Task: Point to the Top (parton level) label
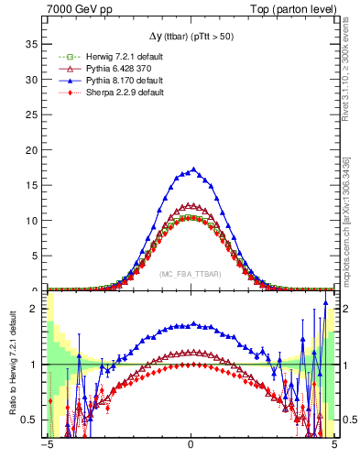pos(297,8)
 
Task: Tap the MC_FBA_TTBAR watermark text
pos(190,274)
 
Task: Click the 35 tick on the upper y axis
pos(35,43)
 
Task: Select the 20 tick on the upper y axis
pos(35,149)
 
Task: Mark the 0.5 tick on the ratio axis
pos(33,420)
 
